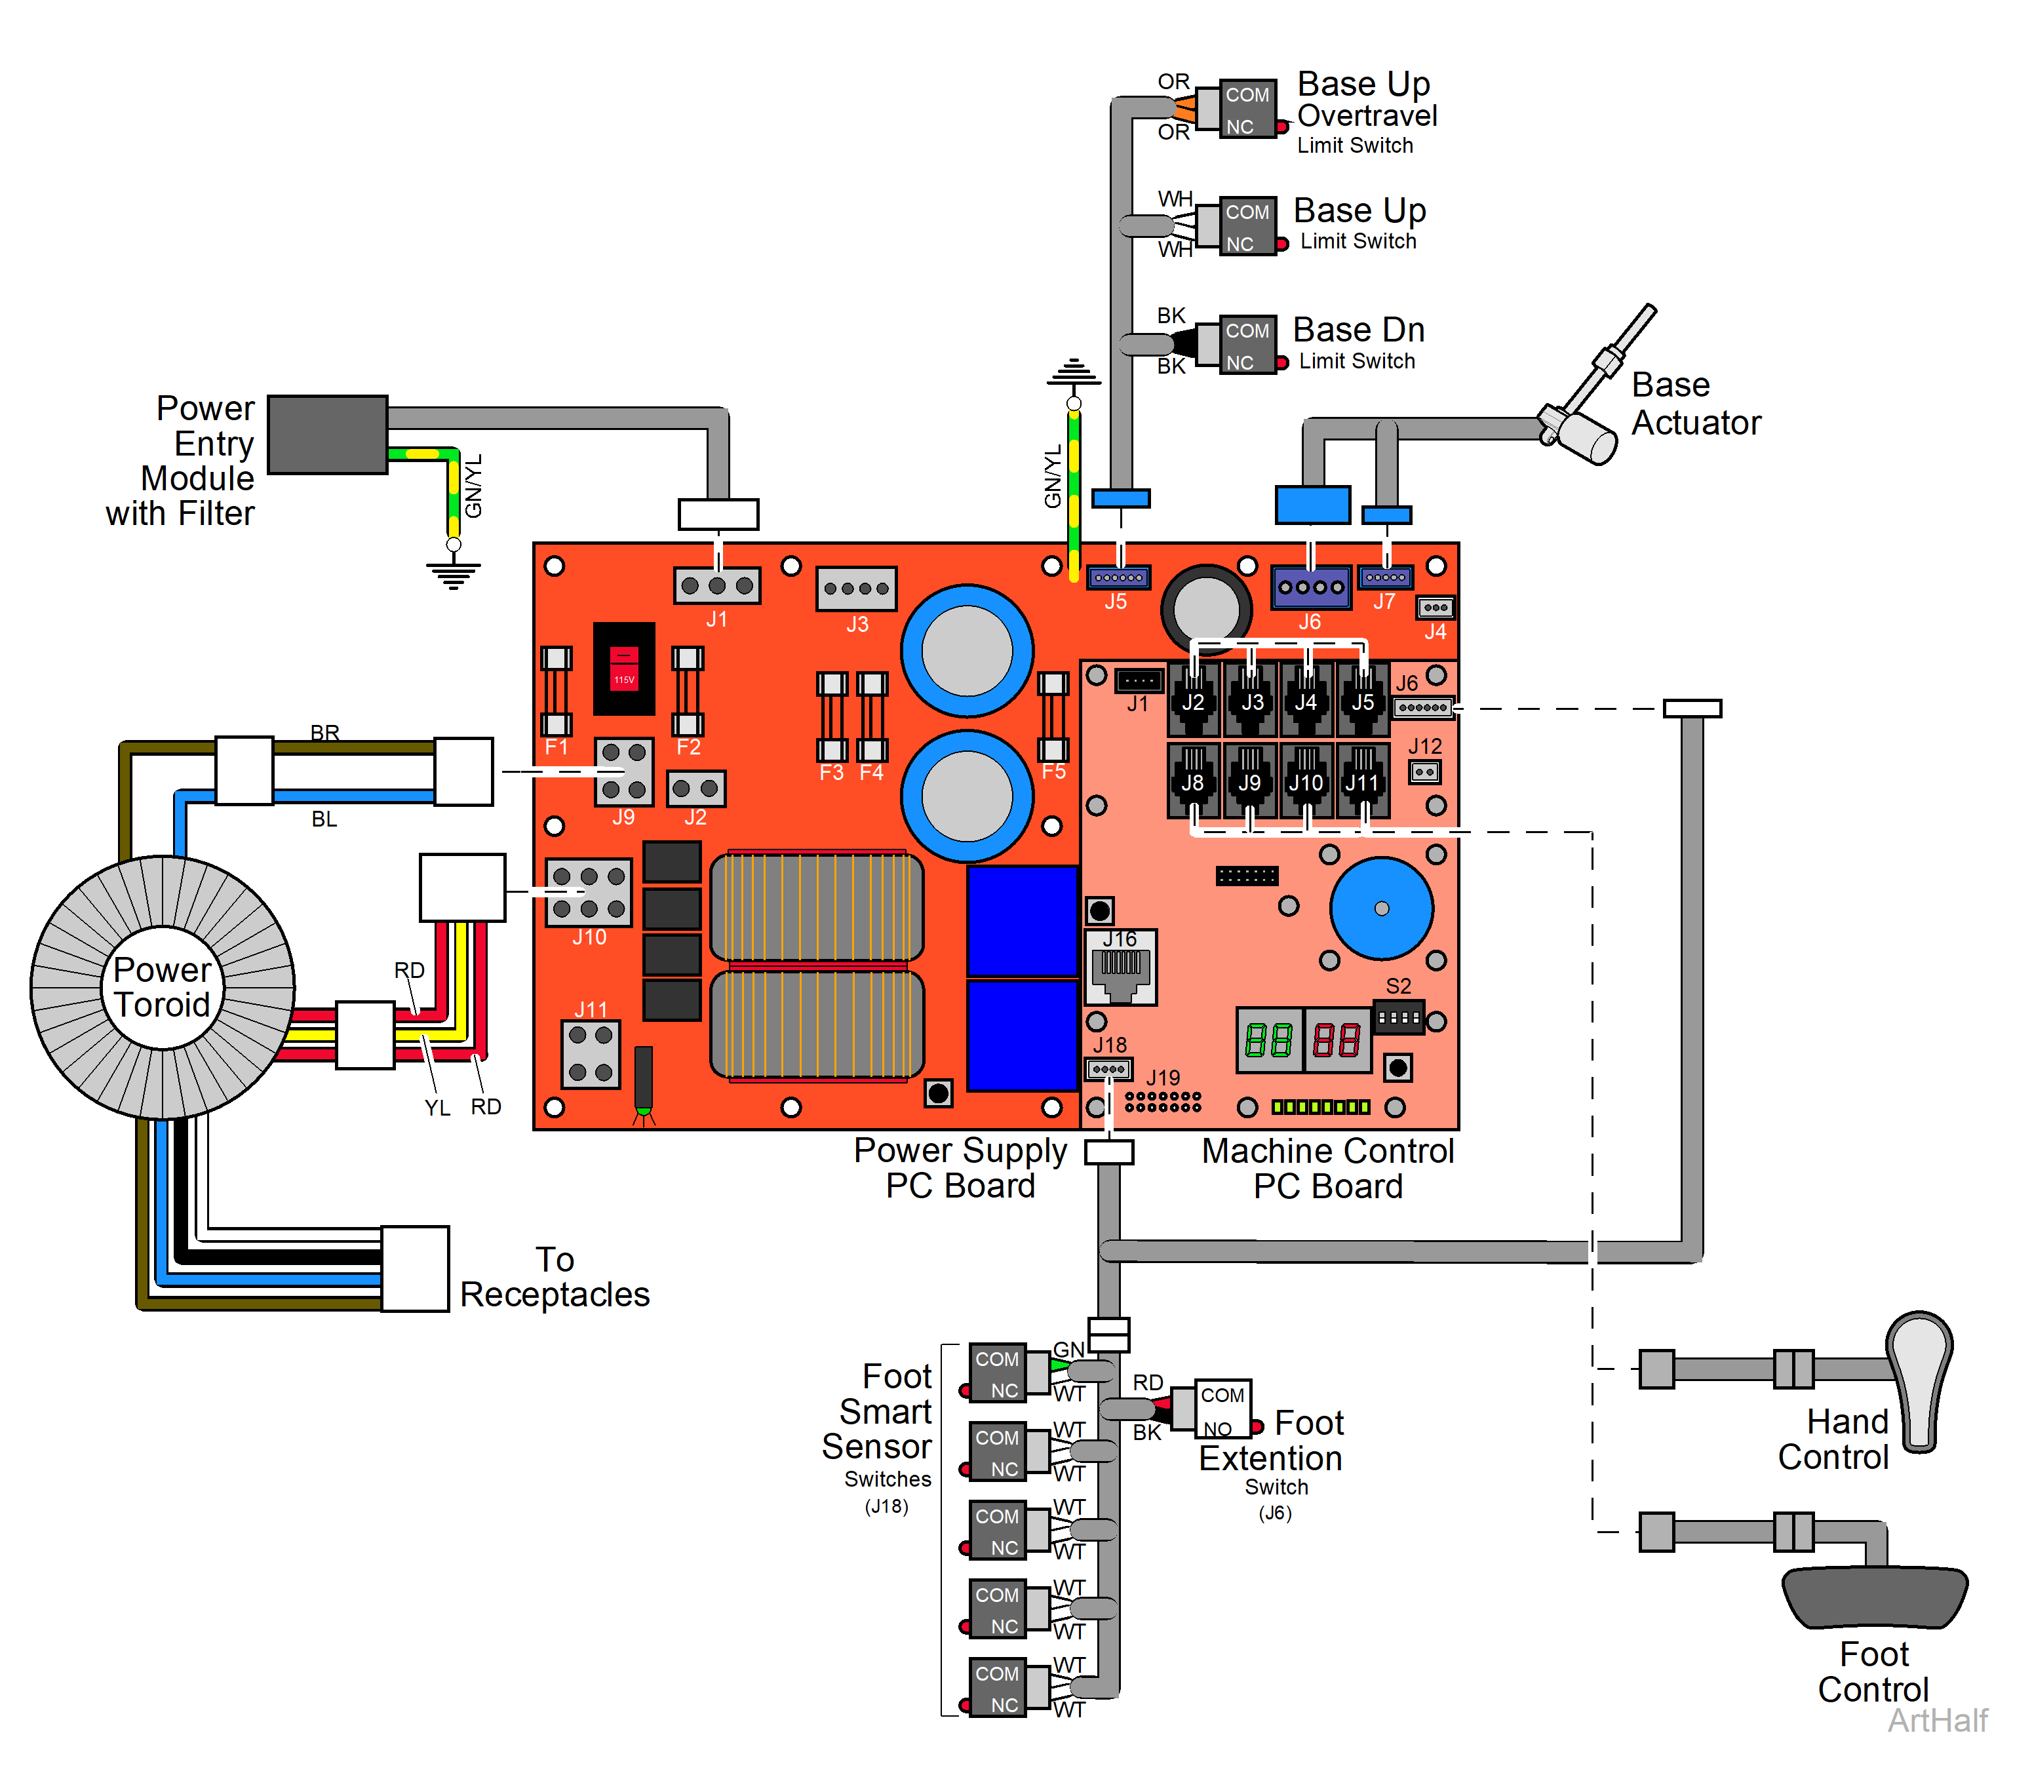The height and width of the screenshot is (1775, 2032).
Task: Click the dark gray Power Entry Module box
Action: [x=327, y=435]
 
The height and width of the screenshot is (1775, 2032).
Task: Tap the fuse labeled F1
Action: [x=556, y=690]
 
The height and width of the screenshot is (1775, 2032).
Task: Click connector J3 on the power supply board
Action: [x=856, y=589]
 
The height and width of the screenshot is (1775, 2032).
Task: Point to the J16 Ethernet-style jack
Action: [x=1120, y=969]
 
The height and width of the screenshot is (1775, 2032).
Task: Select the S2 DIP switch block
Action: [x=1398, y=1017]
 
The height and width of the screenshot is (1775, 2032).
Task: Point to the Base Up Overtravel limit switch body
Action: [x=1245, y=109]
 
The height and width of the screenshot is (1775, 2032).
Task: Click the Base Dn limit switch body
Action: [x=1245, y=345]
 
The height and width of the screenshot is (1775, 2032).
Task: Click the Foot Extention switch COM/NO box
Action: [x=1222, y=1407]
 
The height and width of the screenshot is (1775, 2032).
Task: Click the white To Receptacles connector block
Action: [x=415, y=1269]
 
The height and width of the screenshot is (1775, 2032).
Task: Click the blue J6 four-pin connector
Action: [x=1310, y=587]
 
